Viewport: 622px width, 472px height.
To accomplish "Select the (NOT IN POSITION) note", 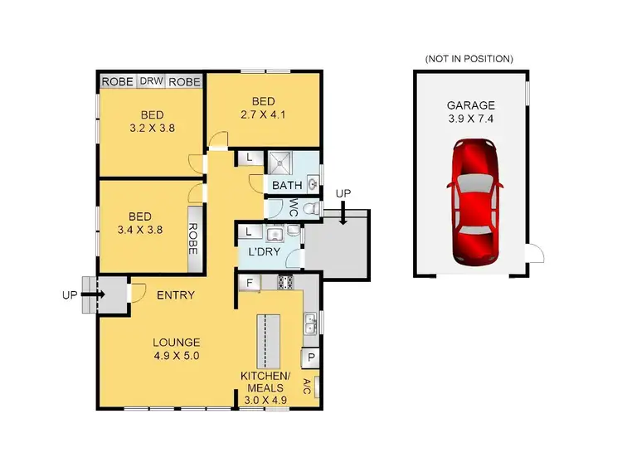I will point(469,59).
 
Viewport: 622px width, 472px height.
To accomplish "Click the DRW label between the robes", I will point(150,81).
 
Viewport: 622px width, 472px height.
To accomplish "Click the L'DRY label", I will point(262,252).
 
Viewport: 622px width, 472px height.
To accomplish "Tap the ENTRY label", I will point(175,294).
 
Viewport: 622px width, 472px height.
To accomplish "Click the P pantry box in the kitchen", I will point(311,358).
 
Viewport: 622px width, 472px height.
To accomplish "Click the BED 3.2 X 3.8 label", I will point(151,122).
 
